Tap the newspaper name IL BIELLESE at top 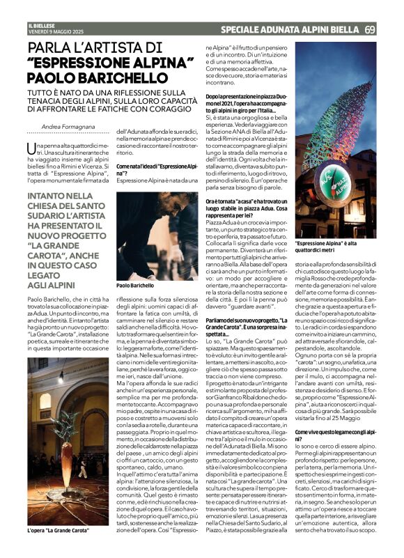click(41, 25)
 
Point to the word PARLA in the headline click(55, 49)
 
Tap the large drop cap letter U click(31, 148)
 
